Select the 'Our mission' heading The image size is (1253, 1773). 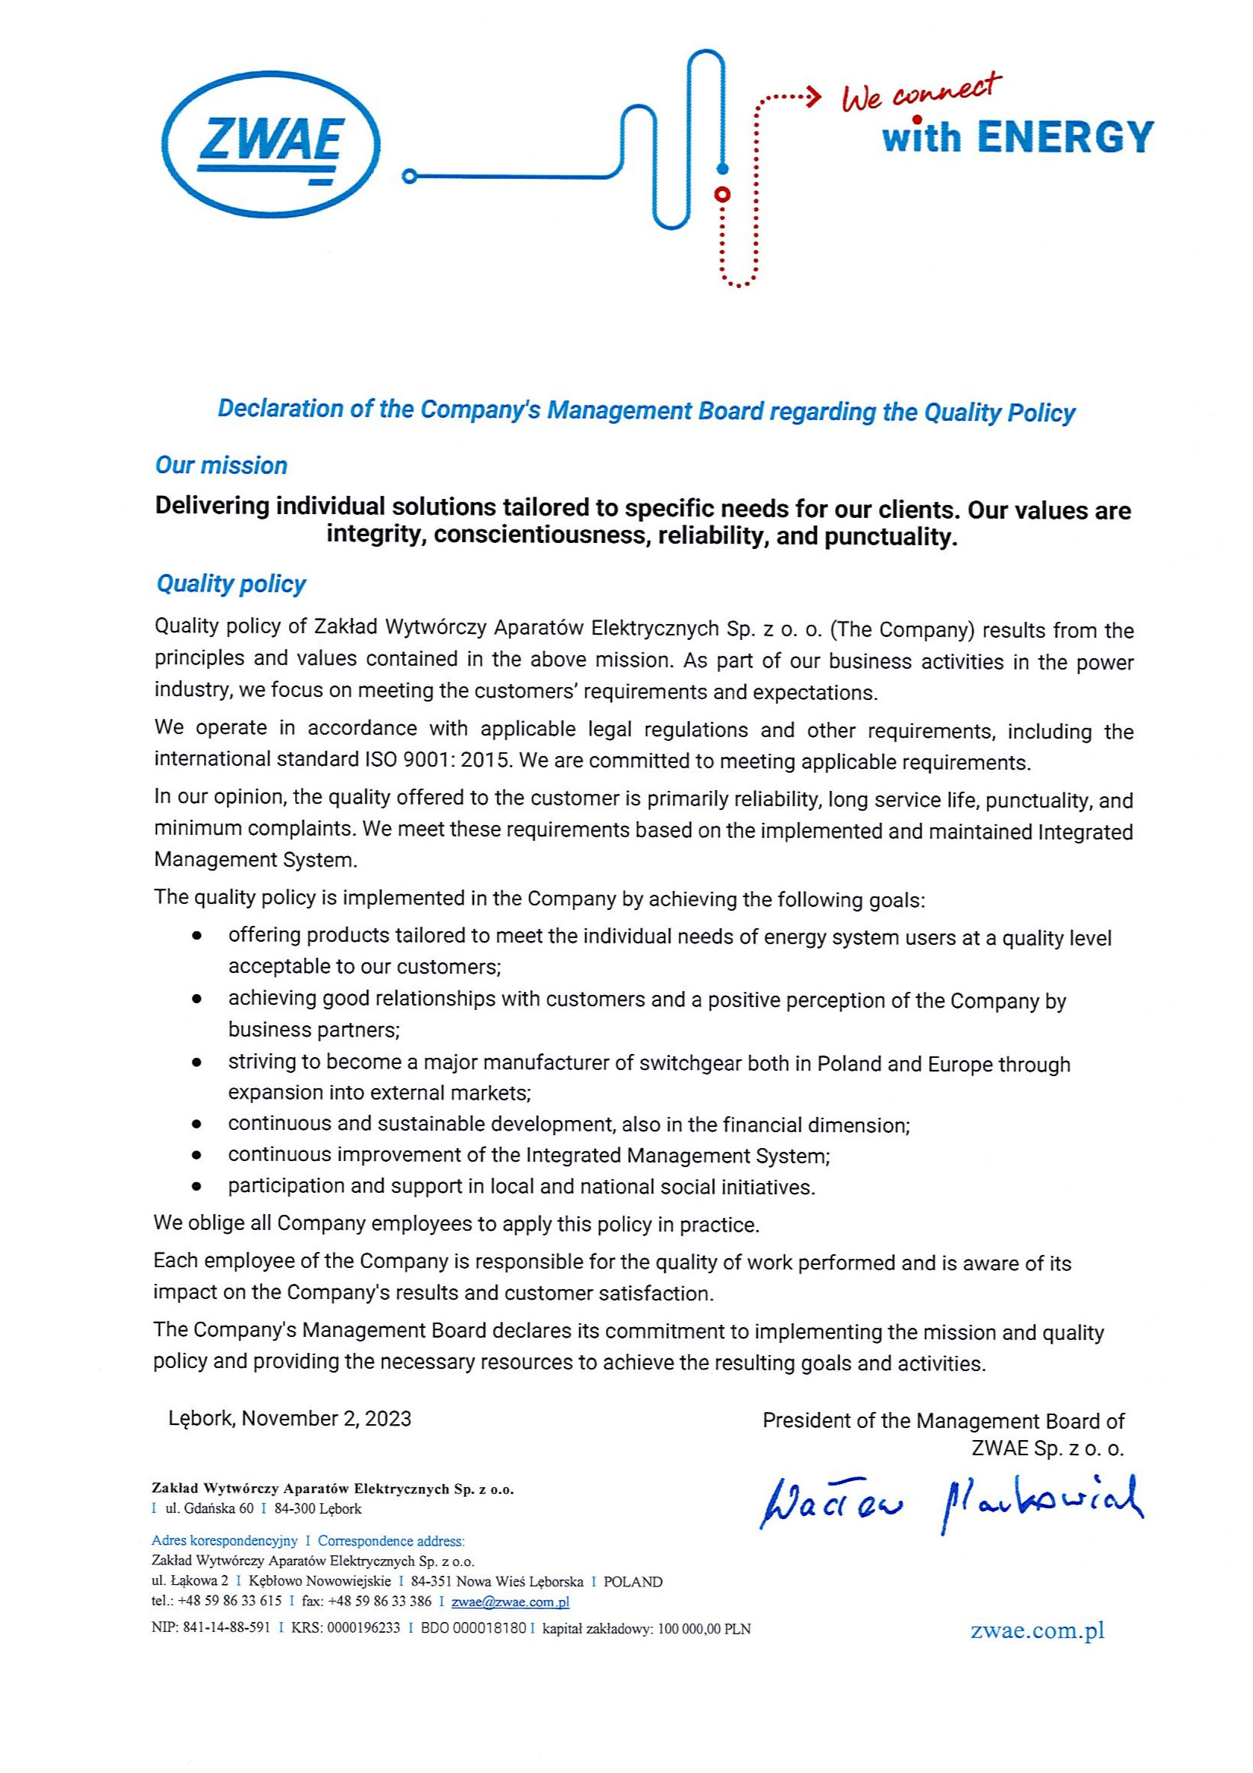(221, 466)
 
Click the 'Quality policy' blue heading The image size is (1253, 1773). (231, 584)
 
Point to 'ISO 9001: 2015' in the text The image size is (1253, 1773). (435, 760)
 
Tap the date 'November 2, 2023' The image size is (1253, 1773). (326, 1419)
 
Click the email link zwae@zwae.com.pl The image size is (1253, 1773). (510, 1602)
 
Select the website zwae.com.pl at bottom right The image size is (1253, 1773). (1038, 1630)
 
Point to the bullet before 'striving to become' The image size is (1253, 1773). (198, 1063)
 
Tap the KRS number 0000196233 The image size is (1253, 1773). (364, 1629)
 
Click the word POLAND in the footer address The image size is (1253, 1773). (633, 1581)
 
